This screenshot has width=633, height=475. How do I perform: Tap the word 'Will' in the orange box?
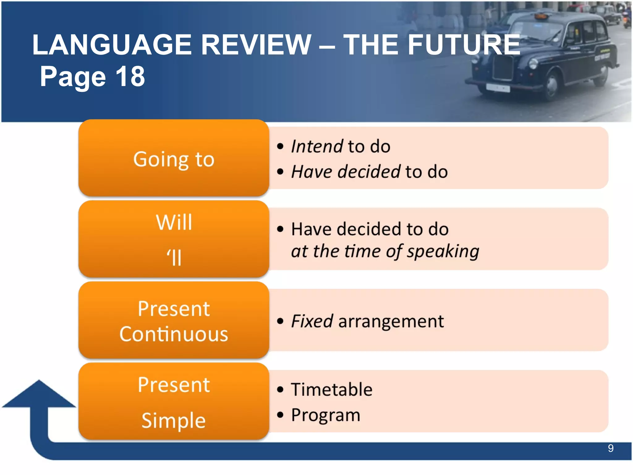click(x=174, y=222)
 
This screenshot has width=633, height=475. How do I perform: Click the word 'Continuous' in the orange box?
click(x=174, y=334)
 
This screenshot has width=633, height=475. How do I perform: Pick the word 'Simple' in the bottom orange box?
click(x=173, y=421)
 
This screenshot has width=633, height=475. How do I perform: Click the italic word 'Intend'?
click(x=317, y=146)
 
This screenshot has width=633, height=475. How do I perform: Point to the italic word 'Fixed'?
click(x=312, y=321)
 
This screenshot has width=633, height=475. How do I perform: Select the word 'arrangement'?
click(x=391, y=321)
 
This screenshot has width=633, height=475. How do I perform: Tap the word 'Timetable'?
click(x=332, y=389)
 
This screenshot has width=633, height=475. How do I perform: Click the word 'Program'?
click(x=325, y=415)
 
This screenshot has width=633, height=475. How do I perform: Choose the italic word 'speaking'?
click(x=443, y=251)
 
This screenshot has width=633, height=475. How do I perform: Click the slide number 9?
click(x=610, y=448)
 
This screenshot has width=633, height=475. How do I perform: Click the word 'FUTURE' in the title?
click(x=464, y=45)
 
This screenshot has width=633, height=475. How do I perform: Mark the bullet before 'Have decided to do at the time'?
click(x=280, y=229)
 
